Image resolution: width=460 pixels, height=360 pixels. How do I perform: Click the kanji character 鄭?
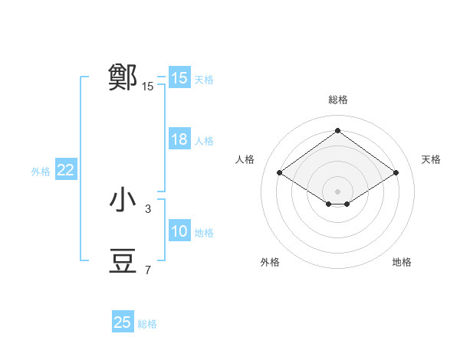(x=123, y=77)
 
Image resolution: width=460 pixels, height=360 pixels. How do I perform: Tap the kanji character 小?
(x=123, y=200)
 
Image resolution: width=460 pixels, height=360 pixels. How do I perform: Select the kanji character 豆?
(x=123, y=261)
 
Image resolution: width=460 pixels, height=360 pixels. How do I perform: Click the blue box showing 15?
(x=179, y=78)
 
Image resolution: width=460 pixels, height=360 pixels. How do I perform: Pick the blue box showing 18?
(x=179, y=139)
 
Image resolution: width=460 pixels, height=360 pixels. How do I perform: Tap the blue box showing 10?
(x=179, y=231)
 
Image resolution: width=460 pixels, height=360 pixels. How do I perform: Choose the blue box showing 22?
(x=65, y=170)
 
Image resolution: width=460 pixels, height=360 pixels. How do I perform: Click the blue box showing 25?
(x=123, y=322)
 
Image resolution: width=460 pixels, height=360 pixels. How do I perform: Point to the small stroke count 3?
(x=148, y=208)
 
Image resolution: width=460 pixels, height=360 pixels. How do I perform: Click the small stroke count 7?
(x=148, y=270)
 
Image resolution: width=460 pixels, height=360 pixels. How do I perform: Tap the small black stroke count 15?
(x=148, y=87)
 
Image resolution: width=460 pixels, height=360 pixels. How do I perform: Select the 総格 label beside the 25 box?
(x=147, y=324)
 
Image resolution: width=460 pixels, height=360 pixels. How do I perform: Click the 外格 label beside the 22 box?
(x=41, y=172)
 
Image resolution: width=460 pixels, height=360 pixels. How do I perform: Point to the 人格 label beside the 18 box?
(x=204, y=141)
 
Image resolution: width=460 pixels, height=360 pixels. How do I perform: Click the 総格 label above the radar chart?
(x=337, y=100)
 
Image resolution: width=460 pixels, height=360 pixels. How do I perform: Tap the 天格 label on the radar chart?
(x=431, y=159)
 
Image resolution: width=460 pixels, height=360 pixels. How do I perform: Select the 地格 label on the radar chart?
(x=402, y=262)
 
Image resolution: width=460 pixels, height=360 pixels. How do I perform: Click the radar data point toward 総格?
(x=337, y=130)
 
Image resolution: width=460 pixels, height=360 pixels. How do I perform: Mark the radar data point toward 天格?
(x=396, y=173)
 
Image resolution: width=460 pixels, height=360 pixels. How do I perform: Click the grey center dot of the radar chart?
(x=337, y=191)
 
